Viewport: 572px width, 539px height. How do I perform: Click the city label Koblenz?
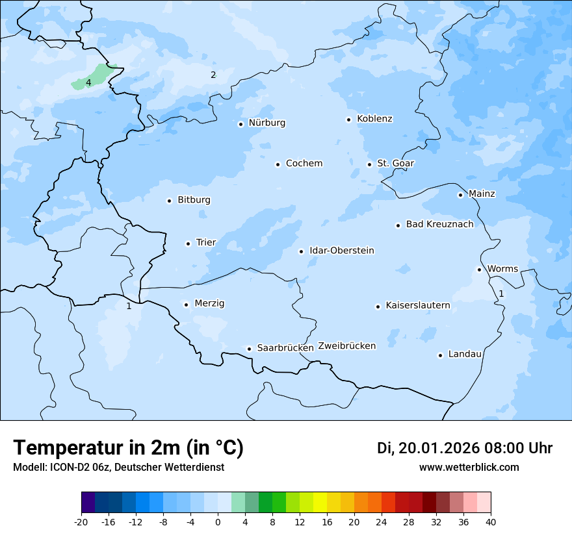pyautogui.click(x=374, y=119)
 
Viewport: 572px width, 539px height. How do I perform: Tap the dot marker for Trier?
pyautogui.click(x=188, y=244)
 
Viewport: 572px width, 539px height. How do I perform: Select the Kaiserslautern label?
pyautogui.click(x=417, y=305)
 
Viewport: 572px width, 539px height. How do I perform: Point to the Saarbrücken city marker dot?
pyautogui.click(x=249, y=349)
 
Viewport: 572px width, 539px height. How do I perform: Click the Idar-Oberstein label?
pyautogui.click(x=341, y=251)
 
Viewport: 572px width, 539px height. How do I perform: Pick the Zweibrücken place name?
pyautogui.click(x=346, y=346)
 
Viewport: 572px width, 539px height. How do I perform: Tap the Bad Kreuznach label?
pyautogui.click(x=439, y=224)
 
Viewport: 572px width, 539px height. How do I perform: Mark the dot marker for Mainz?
pyautogui.click(x=460, y=195)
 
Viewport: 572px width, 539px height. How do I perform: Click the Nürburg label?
pyautogui.click(x=266, y=123)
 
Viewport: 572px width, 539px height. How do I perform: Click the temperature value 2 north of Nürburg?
pyautogui.click(x=213, y=75)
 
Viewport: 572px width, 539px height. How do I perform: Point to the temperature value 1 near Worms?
pyautogui.click(x=501, y=294)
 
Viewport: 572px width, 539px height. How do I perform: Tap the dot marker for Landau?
pyautogui.click(x=440, y=355)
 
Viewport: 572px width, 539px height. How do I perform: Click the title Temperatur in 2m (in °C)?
pyautogui.click(x=128, y=448)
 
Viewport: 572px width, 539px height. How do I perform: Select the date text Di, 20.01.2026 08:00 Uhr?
pyautogui.click(x=465, y=448)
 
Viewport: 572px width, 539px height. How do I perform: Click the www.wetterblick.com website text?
pyautogui.click(x=469, y=468)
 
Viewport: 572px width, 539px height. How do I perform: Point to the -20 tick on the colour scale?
pyautogui.click(x=81, y=522)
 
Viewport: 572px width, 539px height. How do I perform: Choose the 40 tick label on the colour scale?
pyautogui.click(x=491, y=522)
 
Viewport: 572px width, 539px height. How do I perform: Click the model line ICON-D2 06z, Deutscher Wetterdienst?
pyautogui.click(x=118, y=468)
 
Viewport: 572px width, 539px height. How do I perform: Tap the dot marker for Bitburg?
pyautogui.click(x=169, y=201)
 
